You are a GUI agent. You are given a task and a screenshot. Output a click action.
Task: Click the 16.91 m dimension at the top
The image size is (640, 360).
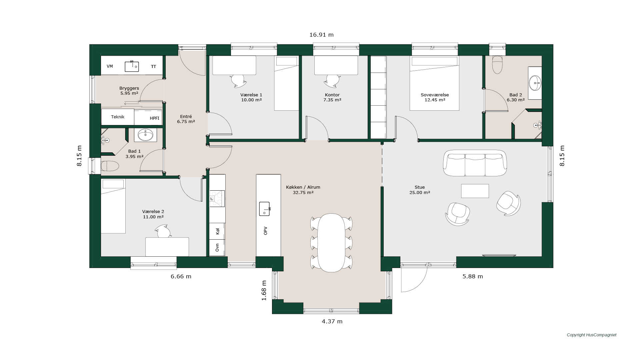tap(321, 35)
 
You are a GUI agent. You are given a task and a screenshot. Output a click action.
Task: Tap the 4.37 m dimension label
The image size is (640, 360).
tap(332, 321)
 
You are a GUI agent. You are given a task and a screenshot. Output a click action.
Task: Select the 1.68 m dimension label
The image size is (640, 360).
tap(264, 290)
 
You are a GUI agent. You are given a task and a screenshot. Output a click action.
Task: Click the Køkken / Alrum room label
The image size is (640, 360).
tap(303, 187)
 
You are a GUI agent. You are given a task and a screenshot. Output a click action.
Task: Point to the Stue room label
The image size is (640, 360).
tap(420, 187)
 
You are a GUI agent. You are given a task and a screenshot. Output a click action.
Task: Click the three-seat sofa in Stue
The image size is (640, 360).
tap(475, 163)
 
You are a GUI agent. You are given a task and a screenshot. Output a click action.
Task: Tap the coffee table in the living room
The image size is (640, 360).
tap(475, 191)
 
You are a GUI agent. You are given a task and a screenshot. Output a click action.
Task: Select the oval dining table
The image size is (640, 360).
tap(331, 243)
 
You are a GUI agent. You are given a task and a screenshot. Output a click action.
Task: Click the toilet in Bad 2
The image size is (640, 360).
tap(497, 65)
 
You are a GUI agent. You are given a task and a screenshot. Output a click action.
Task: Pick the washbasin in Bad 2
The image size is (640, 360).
tap(535, 83)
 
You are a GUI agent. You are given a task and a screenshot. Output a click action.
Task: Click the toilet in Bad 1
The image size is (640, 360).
tap(110, 166)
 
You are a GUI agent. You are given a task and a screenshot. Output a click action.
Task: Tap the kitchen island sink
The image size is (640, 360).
tap(264, 209)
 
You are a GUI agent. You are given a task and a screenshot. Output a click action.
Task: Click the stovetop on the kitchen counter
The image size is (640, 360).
tap(217, 199)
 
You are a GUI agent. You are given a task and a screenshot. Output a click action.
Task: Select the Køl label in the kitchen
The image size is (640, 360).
tap(218, 231)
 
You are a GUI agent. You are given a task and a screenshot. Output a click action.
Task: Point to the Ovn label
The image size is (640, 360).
tap(217, 248)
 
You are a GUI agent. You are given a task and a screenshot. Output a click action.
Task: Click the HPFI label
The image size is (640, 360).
tap(155, 118)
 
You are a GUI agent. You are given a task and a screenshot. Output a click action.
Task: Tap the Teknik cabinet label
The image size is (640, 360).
tap(118, 117)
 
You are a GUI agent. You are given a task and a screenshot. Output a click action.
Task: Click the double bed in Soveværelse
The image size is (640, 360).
tap(434, 83)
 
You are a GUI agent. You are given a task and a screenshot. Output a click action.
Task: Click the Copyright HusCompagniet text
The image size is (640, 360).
tap(592, 335)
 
